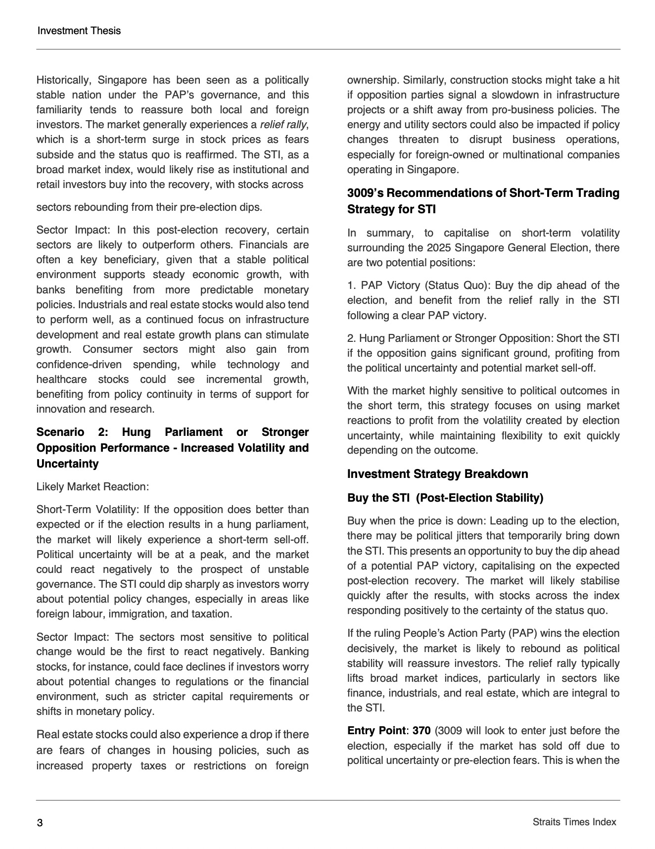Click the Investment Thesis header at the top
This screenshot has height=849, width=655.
click(79, 31)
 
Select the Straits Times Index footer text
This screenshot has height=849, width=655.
click(574, 822)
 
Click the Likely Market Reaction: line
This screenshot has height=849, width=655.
click(93, 487)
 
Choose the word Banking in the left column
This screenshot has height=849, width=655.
click(289, 652)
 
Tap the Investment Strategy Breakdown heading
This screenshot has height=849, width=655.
click(437, 474)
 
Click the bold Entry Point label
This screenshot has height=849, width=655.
click(376, 731)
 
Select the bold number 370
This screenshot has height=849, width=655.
click(421, 731)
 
